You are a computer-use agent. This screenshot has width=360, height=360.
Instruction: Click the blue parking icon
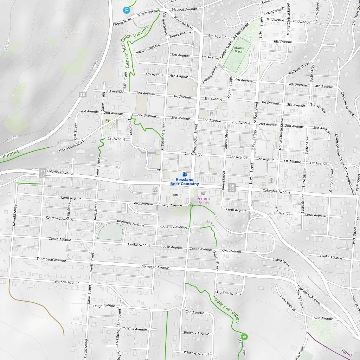[x=127, y=11]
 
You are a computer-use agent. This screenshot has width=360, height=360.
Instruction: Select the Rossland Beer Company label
[x=185, y=182]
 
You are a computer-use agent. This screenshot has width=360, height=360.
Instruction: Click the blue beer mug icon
[x=185, y=174]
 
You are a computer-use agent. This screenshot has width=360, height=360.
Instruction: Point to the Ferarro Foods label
[x=203, y=201]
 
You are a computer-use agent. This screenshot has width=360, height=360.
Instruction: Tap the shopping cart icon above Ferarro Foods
[x=203, y=193]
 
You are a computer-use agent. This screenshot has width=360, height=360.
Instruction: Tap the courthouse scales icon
[x=271, y=180]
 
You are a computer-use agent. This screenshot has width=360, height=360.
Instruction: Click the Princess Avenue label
[x=196, y=354]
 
